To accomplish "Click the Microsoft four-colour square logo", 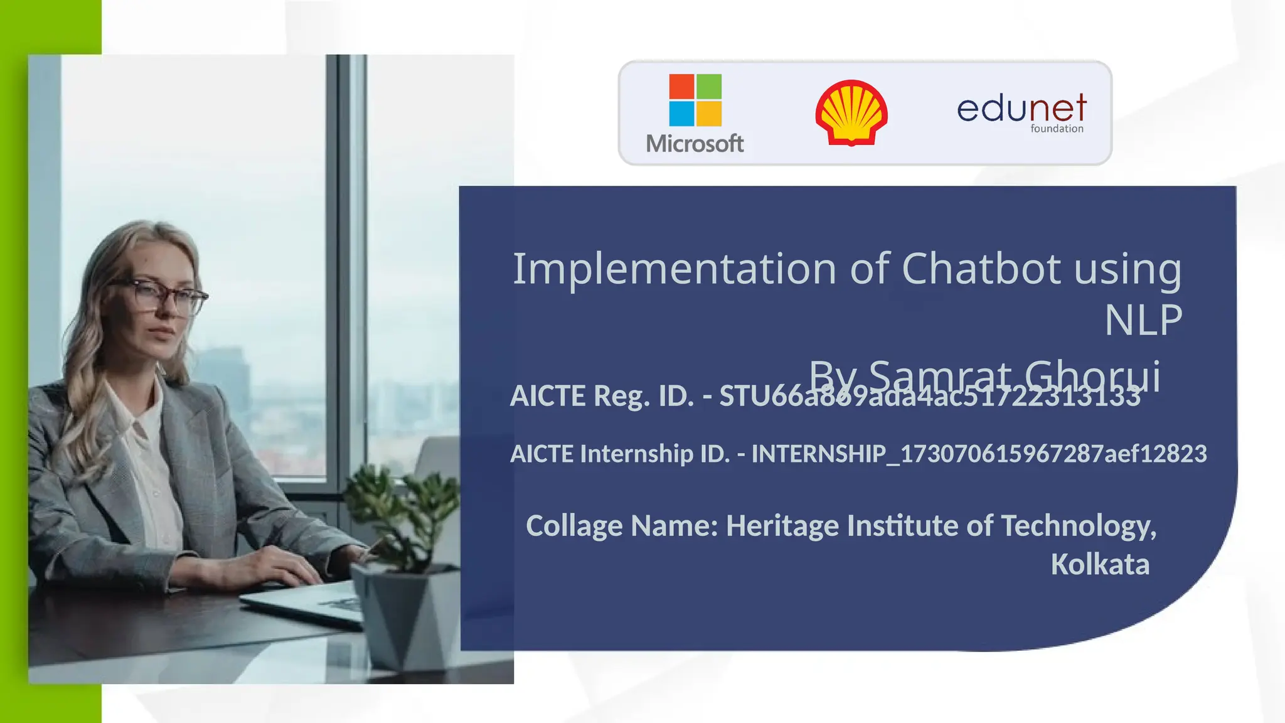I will (695, 100).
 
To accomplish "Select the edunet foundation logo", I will (1021, 112).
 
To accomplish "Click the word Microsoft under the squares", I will (695, 144).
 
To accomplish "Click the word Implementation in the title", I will (674, 269).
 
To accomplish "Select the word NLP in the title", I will (1143, 320).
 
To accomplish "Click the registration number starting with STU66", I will (929, 397).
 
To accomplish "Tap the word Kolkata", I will (1100, 564).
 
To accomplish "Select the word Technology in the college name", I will (1078, 526).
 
